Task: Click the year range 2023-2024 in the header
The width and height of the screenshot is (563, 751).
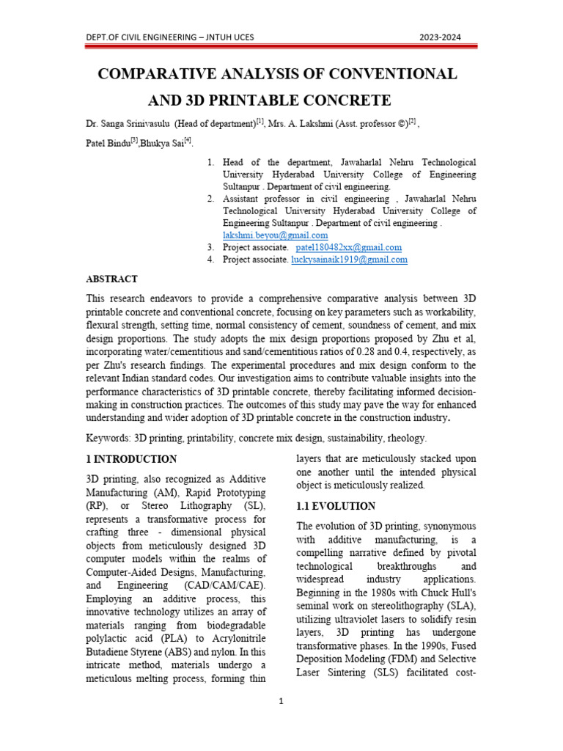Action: pos(440,37)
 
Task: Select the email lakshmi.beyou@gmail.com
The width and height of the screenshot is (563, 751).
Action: pos(275,235)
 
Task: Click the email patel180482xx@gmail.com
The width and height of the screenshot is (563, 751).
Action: pos(348,248)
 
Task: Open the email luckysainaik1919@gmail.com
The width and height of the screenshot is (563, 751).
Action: pos(349,260)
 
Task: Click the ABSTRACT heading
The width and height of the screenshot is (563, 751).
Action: pos(111,279)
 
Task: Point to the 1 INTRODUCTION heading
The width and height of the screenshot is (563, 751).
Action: pos(131,459)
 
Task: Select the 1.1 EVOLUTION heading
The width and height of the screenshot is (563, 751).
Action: pos(336,507)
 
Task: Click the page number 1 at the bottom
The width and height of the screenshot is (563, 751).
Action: pos(281,701)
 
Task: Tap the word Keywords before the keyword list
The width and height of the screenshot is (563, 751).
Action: pos(107,438)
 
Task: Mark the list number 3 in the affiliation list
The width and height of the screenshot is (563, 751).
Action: pos(210,248)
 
